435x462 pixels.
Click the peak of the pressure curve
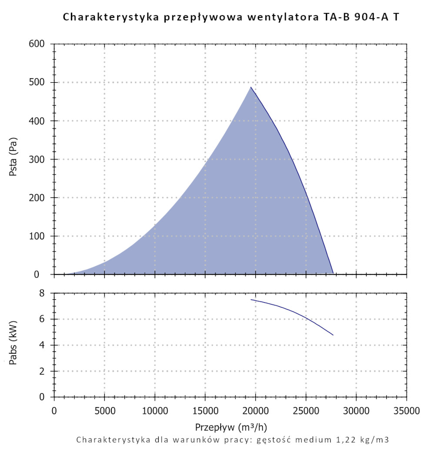pos(251,87)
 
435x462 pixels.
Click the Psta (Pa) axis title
pos(13,159)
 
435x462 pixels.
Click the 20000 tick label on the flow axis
pos(255,410)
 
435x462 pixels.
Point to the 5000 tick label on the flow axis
pos(104,410)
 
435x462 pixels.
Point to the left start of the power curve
pos(251,299)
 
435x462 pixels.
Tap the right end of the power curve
pos(333,335)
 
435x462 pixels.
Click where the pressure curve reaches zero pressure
pos(333,274)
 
